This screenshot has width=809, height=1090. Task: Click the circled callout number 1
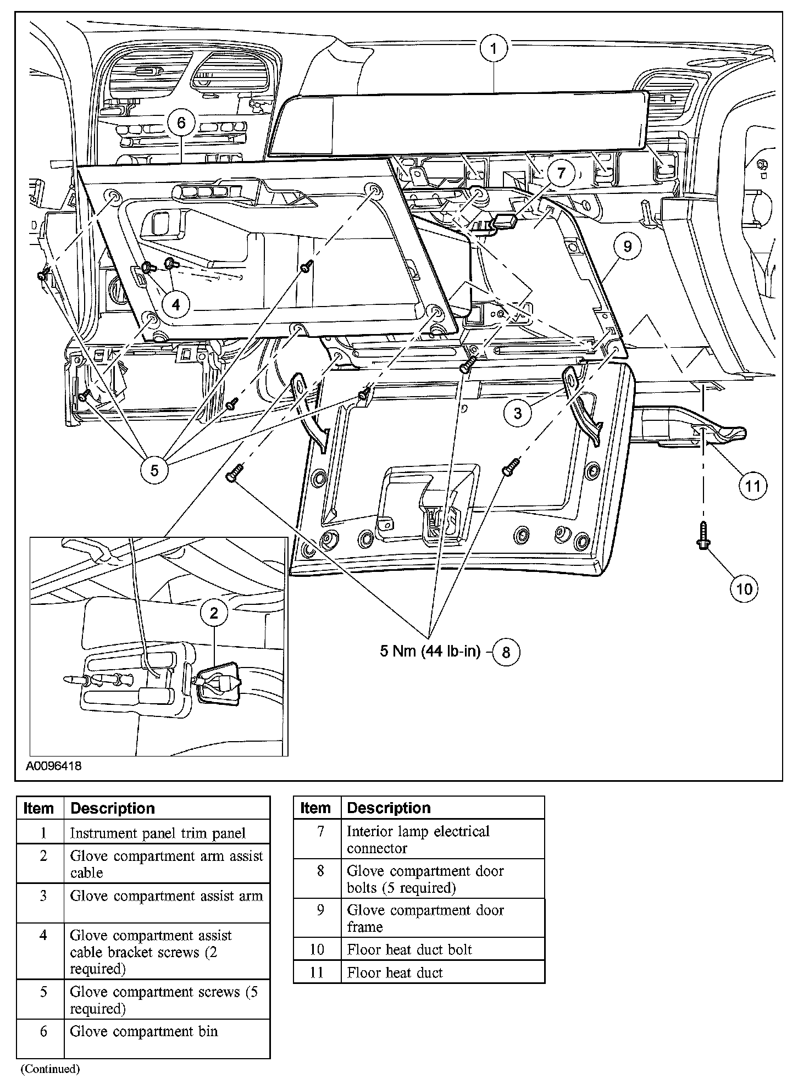(493, 49)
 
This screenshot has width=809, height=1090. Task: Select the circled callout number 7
(560, 174)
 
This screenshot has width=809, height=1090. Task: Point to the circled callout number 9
(627, 247)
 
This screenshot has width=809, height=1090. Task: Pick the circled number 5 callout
(154, 470)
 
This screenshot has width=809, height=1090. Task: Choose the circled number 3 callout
(517, 413)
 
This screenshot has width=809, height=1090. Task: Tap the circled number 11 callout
(752, 485)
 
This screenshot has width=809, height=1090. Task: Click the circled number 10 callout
(743, 589)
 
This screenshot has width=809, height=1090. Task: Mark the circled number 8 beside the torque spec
(506, 652)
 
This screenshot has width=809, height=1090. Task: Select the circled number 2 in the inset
(214, 613)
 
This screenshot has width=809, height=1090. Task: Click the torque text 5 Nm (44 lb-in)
(430, 652)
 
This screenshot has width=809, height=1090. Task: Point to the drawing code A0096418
(53, 766)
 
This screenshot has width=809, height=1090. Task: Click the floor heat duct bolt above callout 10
(703, 536)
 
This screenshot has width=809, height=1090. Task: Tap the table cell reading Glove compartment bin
(144, 1032)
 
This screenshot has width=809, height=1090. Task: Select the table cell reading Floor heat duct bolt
(409, 949)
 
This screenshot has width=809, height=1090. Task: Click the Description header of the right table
(389, 808)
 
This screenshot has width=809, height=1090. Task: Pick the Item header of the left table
(39, 809)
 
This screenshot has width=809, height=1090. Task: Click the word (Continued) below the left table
(50, 1069)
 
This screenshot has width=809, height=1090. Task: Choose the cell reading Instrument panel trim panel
(158, 833)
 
